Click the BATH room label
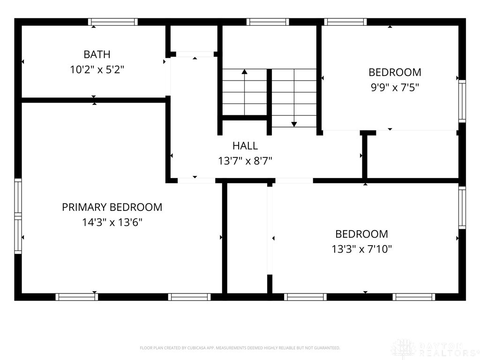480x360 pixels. pyautogui.click(x=97, y=54)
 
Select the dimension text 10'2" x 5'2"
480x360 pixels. pyautogui.click(x=97, y=70)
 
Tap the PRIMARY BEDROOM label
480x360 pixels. pyautogui.click(x=112, y=207)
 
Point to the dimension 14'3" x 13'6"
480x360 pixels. pyautogui.click(x=112, y=222)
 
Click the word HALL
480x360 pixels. pyautogui.click(x=245, y=146)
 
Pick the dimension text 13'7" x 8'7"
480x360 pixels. pyautogui.click(x=245, y=161)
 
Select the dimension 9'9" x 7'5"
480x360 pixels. pyautogui.click(x=395, y=88)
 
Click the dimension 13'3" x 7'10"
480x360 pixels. pyautogui.click(x=361, y=249)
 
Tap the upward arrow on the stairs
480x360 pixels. pyautogui.click(x=244, y=92)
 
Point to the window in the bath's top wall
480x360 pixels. pyautogui.click(x=113, y=22)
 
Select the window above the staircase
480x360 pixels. pyautogui.click(x=268, y=22)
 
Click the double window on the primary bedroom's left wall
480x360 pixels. pyautogui.click(x=18, y=216)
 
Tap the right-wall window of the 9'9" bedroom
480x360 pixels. pyautogui.click(x=462, y=101)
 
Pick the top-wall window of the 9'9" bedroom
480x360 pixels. pyautogui.click(x=345, y=22)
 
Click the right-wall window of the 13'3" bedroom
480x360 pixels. pyautogui.click(x=462, y=208)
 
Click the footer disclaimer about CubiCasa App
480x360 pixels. pyautogui.click(x=240, y=348)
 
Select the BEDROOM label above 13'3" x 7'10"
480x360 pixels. pyautogui.click(x=361, y=234)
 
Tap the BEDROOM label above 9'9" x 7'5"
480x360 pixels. pyautogui.click(x=395, y=73)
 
